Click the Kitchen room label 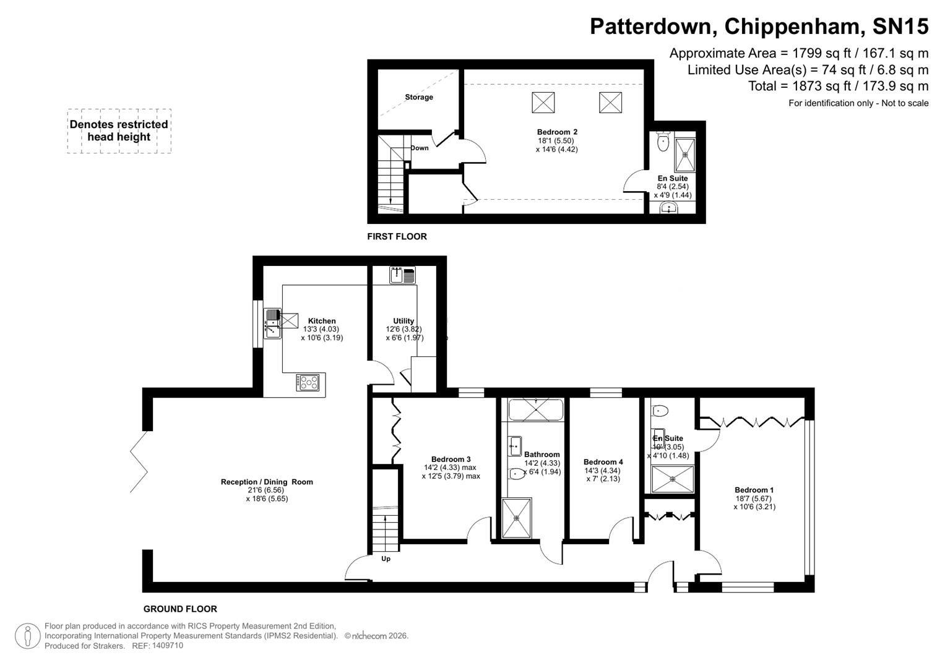322,321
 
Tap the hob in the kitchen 308,383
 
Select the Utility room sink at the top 402,275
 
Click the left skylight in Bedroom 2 543,102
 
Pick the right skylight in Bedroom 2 610,102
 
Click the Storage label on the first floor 419,97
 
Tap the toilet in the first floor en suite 663,142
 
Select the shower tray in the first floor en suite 685,153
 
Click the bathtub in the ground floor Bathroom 535,409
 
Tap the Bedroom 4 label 603,462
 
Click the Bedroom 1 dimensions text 754,503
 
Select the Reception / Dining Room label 267,482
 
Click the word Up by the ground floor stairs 386,559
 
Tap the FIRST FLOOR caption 397,236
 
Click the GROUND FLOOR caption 180,609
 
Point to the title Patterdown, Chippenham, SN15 759,27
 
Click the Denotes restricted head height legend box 119,131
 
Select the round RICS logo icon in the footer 28,636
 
